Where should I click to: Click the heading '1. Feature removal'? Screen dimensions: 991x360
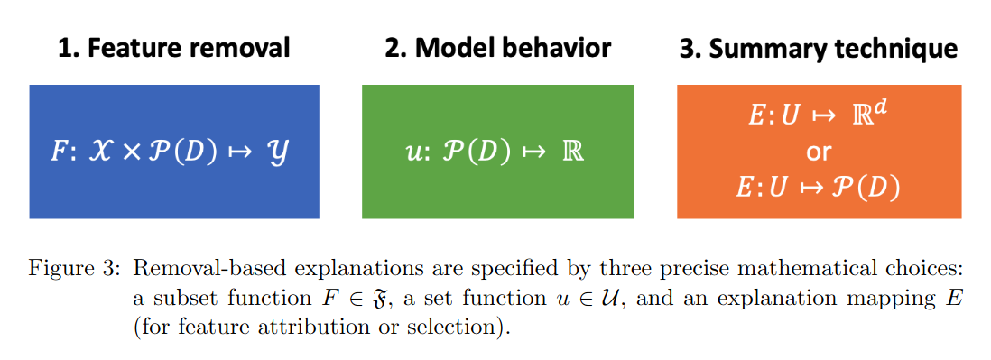coord(174,48)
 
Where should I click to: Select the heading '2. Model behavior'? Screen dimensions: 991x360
coord(497,48)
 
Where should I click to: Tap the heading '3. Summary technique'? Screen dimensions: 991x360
coord(819,48)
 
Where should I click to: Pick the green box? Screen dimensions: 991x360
coord(497,194)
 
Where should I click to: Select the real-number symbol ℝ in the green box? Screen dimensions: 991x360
coord(575,151)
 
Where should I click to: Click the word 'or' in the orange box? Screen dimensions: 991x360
coord(819,151)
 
